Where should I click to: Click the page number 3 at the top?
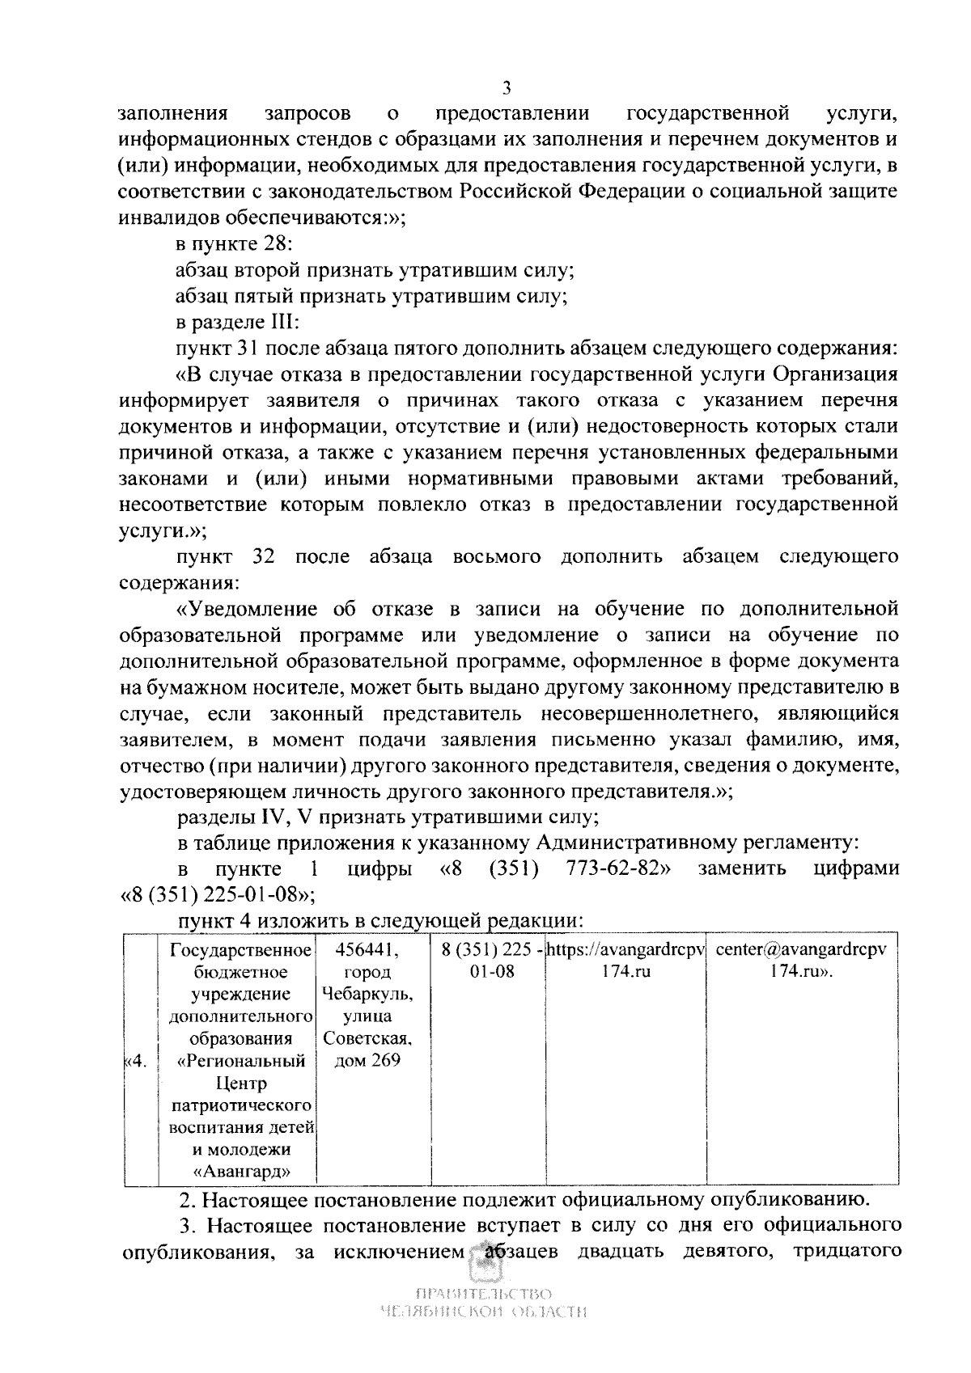[507, 87]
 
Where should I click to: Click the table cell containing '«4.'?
[135, 1062]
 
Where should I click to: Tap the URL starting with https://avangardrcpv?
[625, 949]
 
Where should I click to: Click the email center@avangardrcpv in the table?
[801, 949]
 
